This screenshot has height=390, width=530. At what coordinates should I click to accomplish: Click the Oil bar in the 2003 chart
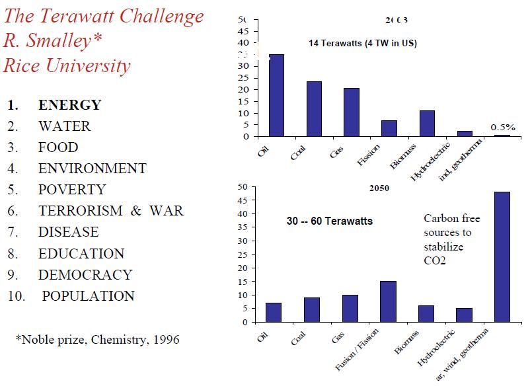276,95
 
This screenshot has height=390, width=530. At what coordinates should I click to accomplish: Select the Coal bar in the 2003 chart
314,109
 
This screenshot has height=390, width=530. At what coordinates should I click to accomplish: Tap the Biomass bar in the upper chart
427,124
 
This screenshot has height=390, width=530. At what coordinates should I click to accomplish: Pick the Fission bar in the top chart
389,129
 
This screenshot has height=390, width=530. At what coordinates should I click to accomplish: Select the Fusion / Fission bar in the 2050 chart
389,301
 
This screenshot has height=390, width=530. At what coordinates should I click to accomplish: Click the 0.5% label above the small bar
503,126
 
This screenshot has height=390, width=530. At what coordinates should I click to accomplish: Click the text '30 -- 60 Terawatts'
330,221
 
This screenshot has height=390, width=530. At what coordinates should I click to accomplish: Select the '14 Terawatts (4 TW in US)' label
363,44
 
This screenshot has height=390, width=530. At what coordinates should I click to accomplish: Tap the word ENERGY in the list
70,105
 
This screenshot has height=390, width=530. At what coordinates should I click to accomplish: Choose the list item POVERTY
72,190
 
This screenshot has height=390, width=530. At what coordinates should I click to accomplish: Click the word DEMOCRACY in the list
85,274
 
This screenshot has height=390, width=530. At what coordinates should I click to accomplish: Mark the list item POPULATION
89,296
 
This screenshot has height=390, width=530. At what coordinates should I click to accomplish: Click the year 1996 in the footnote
165,340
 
